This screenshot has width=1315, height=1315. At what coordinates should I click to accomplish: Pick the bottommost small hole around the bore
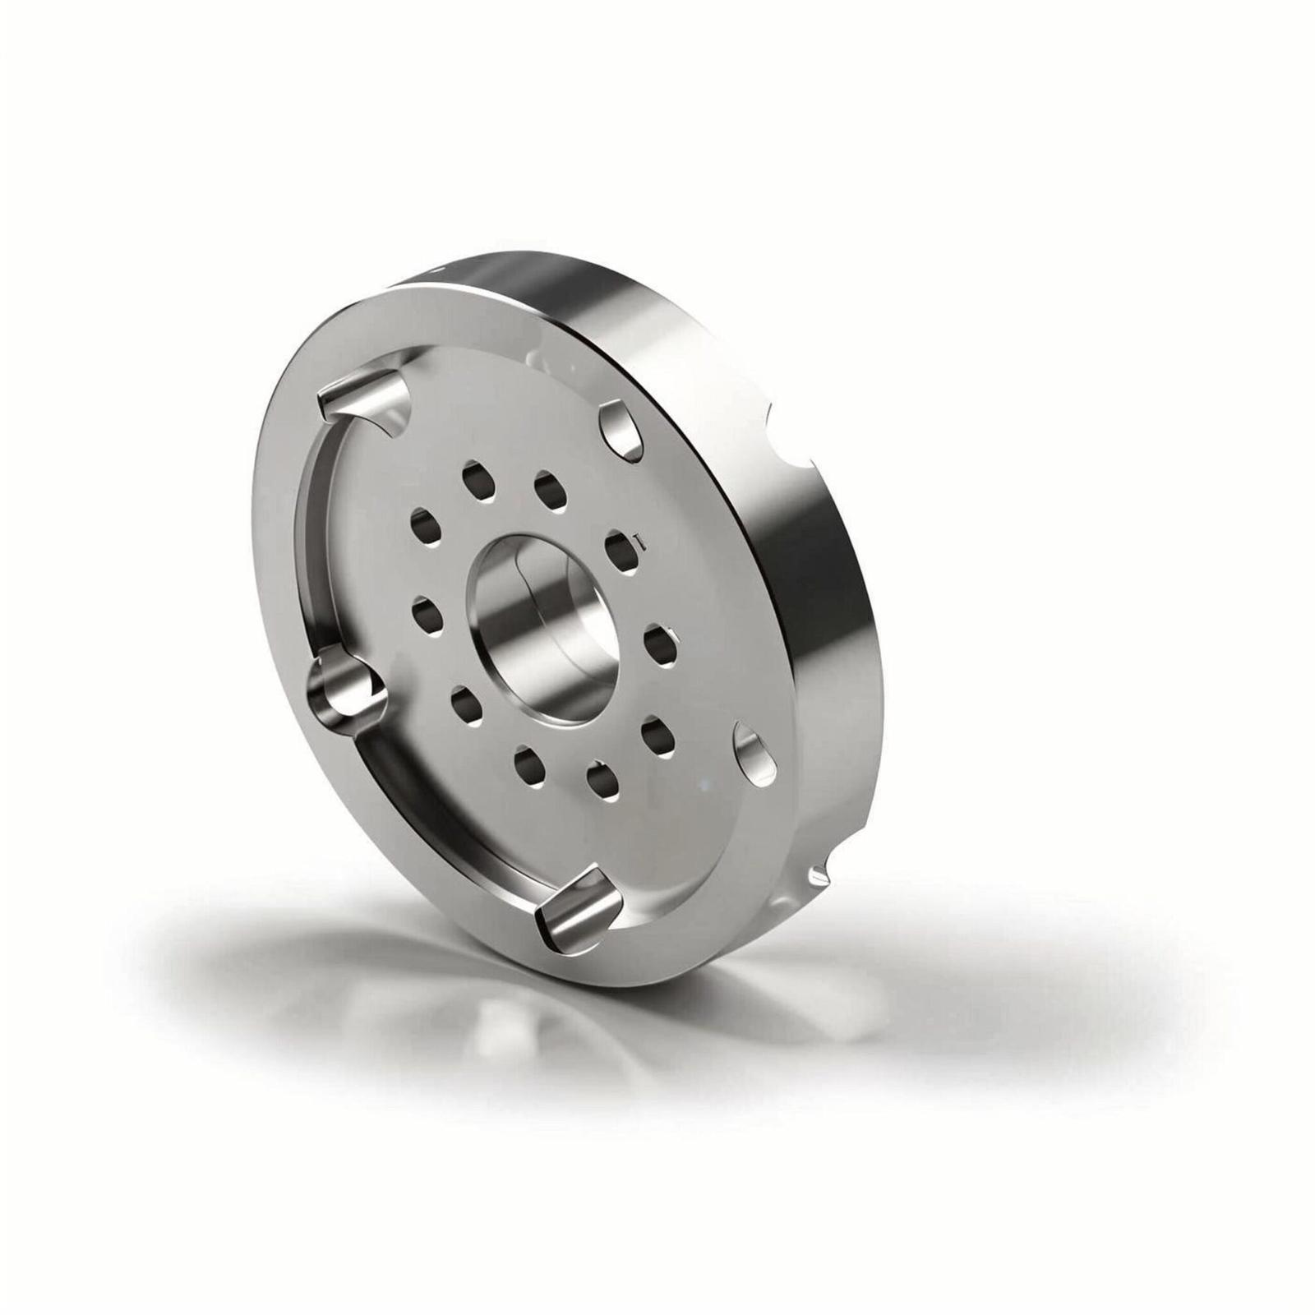point(604,780)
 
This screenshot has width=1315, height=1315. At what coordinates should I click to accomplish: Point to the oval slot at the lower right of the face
point(754,751)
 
